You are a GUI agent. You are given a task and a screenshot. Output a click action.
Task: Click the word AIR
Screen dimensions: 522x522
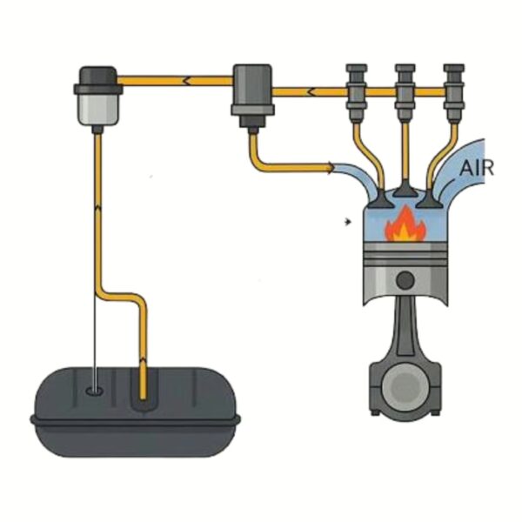pyautogui.click(x=476, y=168)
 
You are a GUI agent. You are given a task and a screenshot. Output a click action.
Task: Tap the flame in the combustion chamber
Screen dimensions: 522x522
pyautogui.click(x=405, y=224)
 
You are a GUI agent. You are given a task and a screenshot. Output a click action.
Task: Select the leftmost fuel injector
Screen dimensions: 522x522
pyautogui.click(x=357, y=93)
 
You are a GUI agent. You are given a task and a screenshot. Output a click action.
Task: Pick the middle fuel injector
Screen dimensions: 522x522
pyautogui.click(x=405, y=93)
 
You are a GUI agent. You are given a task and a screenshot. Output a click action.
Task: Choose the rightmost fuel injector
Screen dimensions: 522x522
pyautogui.click(x=454, y=93)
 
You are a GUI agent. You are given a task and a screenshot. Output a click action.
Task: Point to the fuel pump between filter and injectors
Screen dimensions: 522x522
pyautogui.click(x=252, y=96)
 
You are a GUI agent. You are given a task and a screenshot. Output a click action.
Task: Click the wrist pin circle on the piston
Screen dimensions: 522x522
pyautogui.click(x=405, y=279)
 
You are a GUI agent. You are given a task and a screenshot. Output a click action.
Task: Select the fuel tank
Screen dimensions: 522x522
pyautogui.click(x=135, y=412)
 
